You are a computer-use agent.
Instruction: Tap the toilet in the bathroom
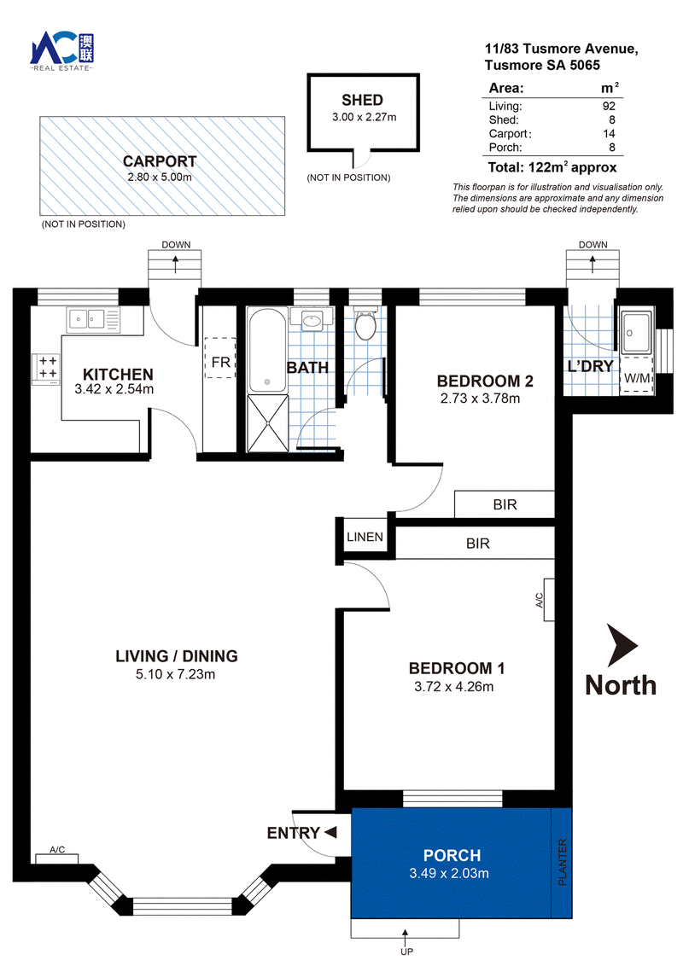tap(365, 324)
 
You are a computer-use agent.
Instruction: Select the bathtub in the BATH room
tap(267, 350)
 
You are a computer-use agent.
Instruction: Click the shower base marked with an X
tap(267, 423)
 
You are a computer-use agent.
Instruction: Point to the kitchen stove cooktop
tap(47, 369)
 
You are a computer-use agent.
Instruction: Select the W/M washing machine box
tap(636, 377)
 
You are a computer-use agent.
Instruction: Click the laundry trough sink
tap(635, 332)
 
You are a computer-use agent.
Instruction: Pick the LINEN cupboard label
tap(365, 537)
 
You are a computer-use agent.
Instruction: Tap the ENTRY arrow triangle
tap(330, 832)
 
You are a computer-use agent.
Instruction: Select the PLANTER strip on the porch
tap(562, 863)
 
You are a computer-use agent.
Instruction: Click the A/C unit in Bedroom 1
tap(549, 599)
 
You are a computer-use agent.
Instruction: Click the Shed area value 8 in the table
tap(611, 120)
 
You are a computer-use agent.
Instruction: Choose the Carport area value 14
tap(609, 134)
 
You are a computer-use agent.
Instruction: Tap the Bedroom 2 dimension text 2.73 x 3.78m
tap(480, 399)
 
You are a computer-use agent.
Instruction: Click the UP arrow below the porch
tap(406, 937)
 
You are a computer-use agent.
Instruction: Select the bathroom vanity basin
tap(312, 320)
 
